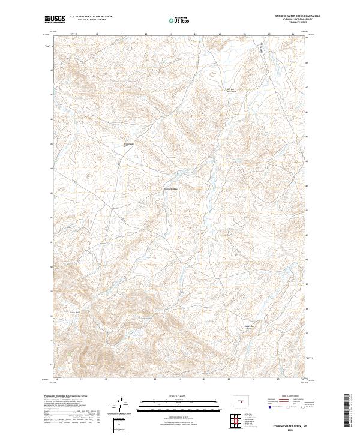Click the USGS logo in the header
pos(53,19)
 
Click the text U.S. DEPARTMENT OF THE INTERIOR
pos(91,16)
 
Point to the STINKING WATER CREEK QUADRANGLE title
pos(294,16)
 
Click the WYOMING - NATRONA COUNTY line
pos(294,19)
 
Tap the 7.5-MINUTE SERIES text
pos(294,22)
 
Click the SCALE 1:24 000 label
pos(175,397)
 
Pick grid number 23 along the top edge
pos(220,34)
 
